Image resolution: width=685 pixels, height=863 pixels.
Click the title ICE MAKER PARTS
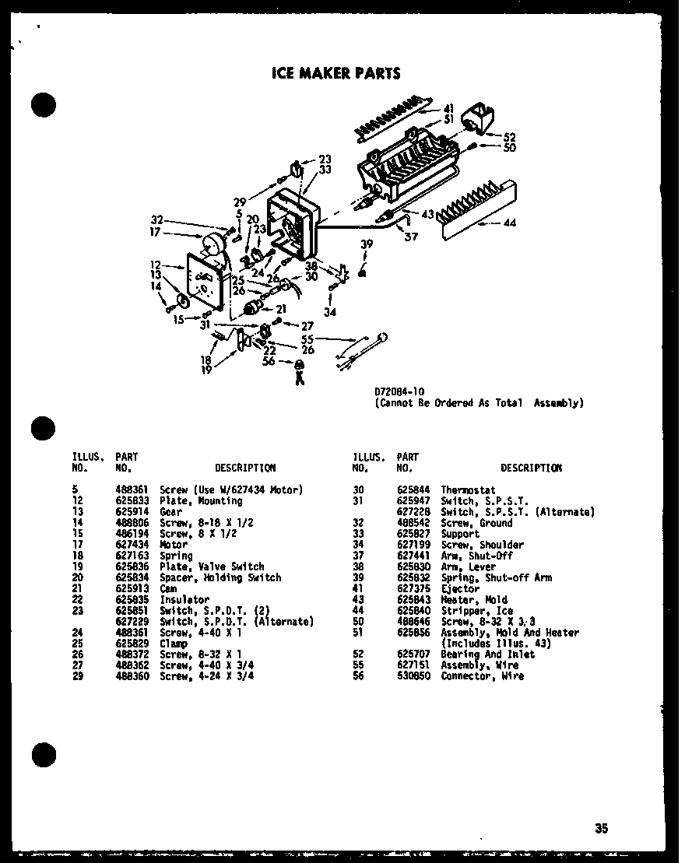coord(335,74)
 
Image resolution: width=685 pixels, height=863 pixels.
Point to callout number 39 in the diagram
coord(367,244)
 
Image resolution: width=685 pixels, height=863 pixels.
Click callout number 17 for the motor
coord(156,232)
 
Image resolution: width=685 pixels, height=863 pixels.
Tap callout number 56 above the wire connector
coord(269,361)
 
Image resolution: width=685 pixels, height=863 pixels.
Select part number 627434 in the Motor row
coord(131,545)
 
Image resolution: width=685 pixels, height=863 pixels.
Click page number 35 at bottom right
coord(601,829)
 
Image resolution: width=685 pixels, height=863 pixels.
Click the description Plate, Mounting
coord(190,501)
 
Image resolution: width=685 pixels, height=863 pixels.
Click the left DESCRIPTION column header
coord(245,468)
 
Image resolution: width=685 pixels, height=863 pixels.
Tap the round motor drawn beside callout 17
coord(210,248)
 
